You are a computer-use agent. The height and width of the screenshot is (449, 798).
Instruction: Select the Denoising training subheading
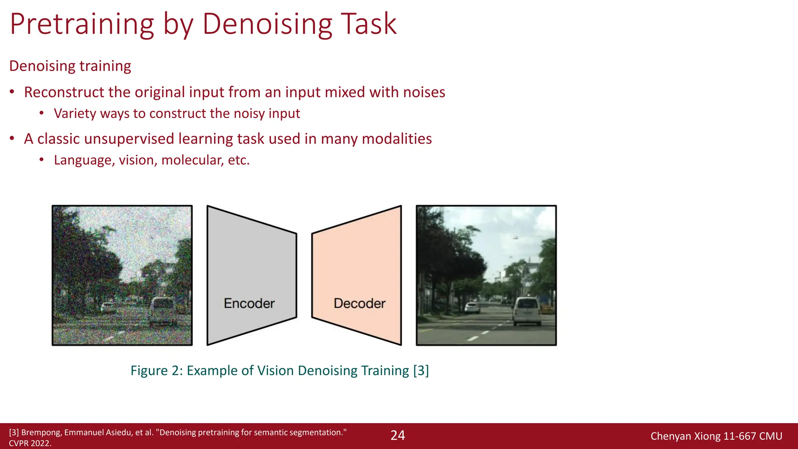(70, 66)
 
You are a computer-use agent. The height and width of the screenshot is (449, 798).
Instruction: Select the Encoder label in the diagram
(249, 303)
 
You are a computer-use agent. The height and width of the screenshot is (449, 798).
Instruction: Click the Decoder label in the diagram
(359, 303)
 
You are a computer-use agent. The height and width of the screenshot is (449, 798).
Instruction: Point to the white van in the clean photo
(527, 311)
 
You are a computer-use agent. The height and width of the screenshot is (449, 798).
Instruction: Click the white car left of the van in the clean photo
(472, 308)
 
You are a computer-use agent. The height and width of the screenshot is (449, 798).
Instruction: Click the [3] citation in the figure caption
(421, 370)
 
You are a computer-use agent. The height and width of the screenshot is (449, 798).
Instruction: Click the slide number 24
(398, 435)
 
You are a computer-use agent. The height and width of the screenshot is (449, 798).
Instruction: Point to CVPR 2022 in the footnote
(30, 443)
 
